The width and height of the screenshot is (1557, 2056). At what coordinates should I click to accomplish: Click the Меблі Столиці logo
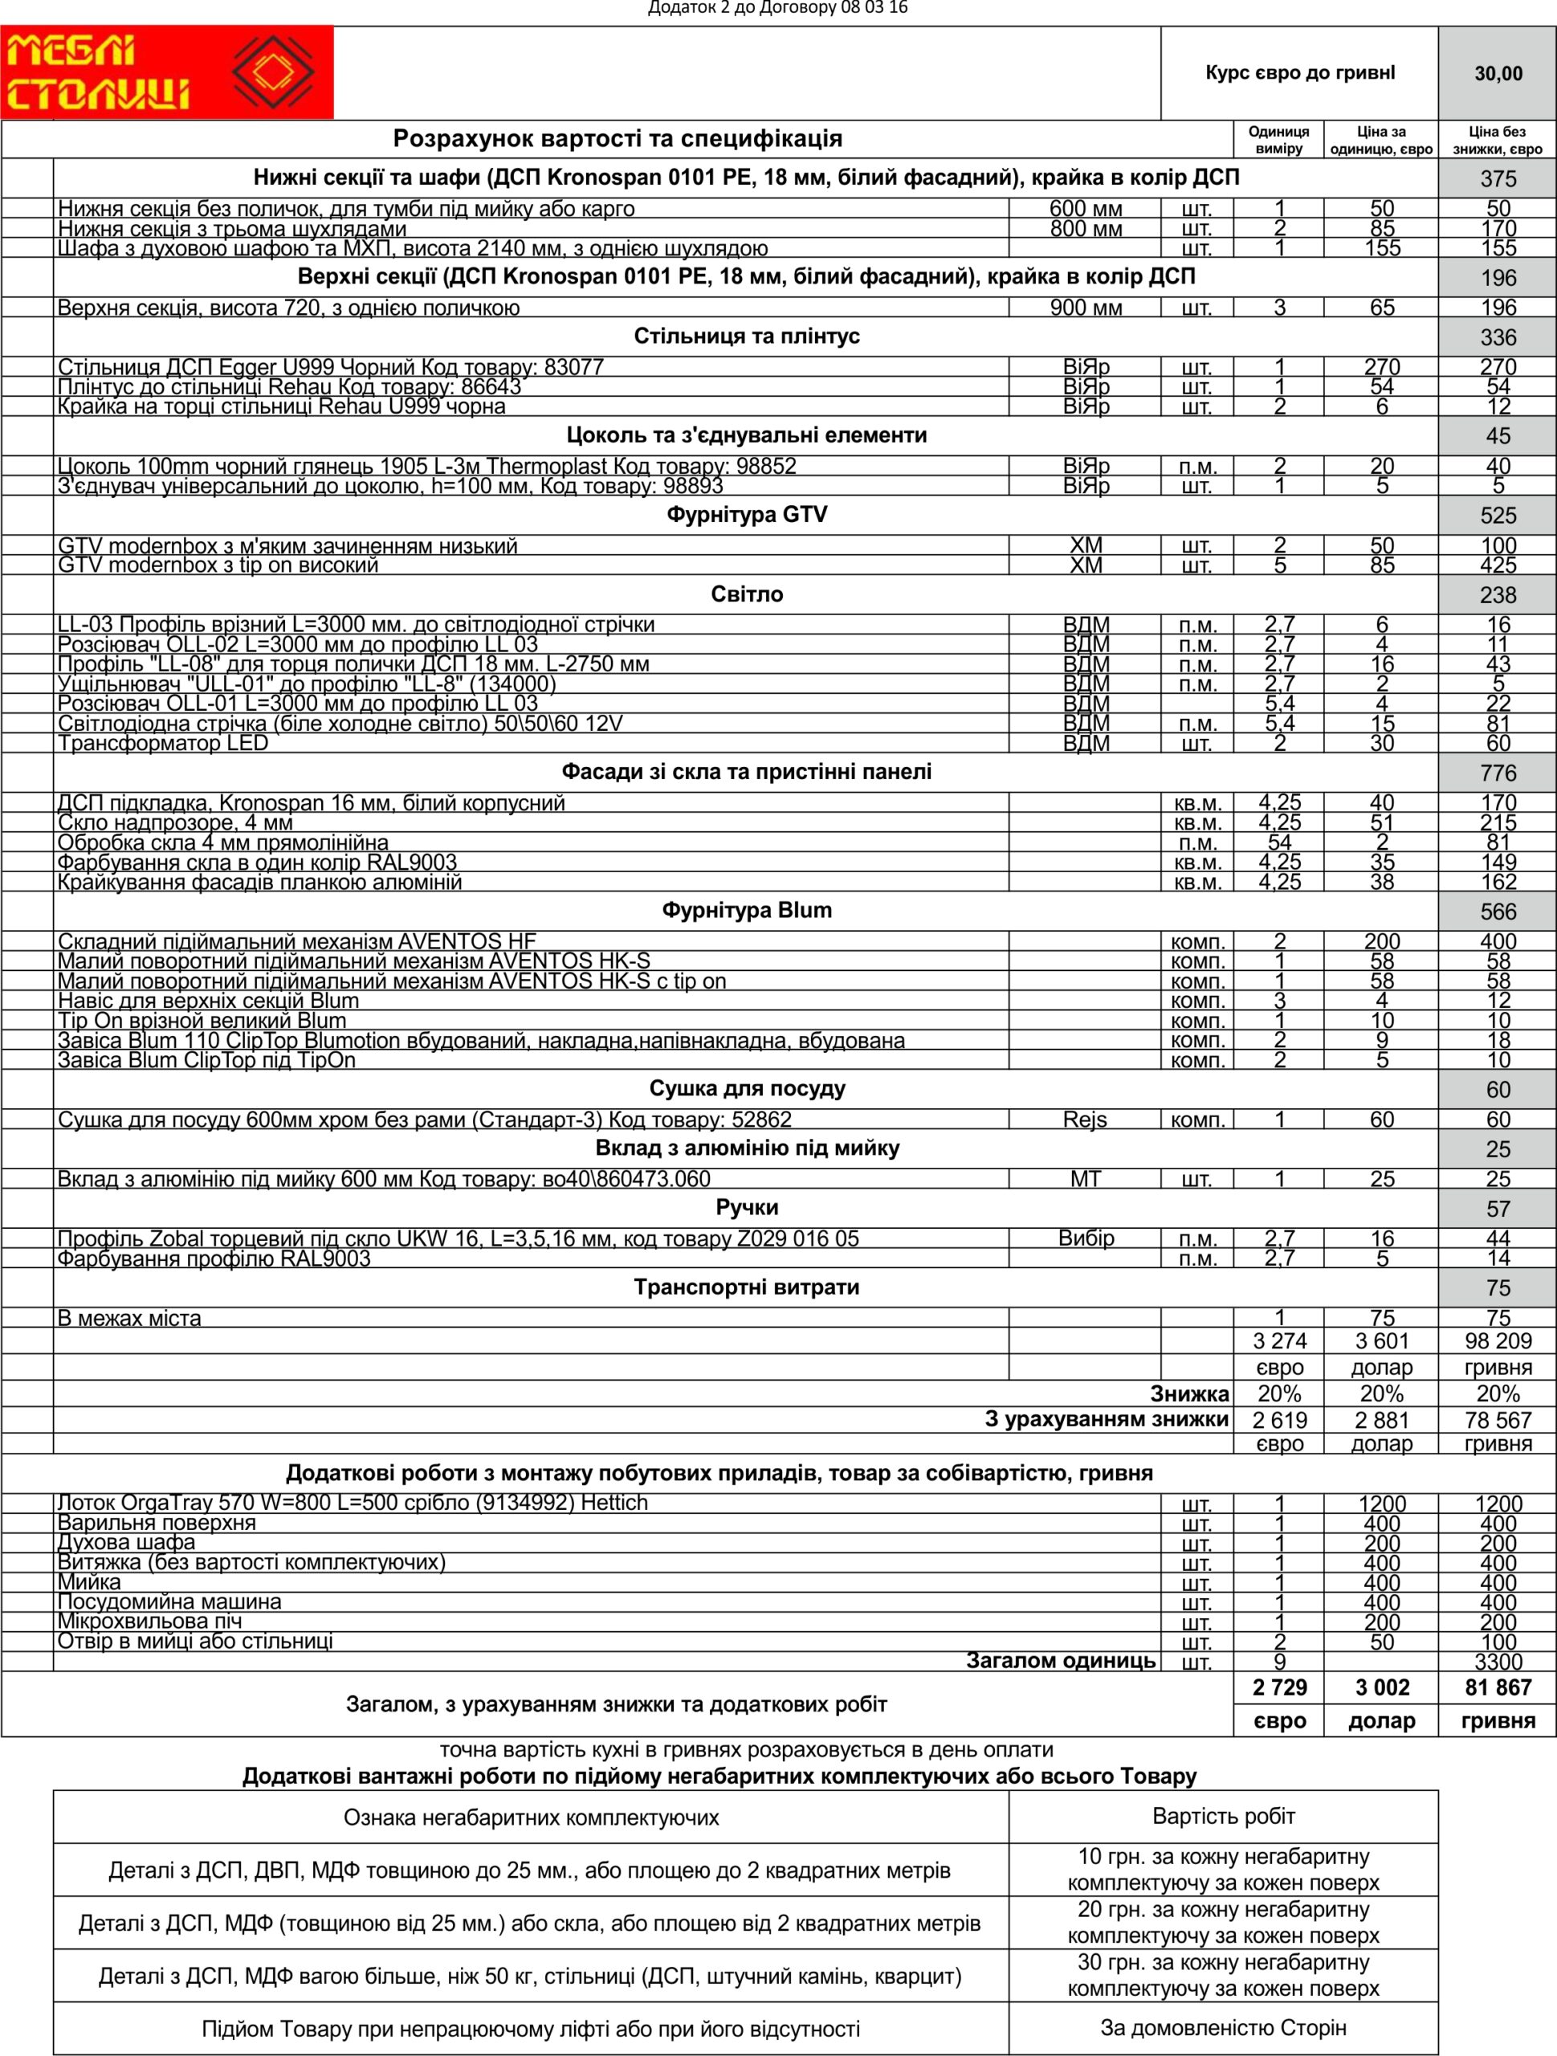click(x=167, y=72)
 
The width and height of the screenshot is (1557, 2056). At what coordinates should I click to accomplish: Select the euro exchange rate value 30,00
click(x=1498, y=73)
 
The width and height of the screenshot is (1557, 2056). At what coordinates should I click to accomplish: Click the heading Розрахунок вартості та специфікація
click(x=618, y=138)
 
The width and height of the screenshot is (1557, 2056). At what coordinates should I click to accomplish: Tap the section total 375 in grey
click(x=1498, y=178)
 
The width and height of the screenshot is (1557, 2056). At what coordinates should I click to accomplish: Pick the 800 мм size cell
click(x=1086, y=229)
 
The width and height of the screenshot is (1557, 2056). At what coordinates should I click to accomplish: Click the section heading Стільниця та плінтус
click(x=747, y=337)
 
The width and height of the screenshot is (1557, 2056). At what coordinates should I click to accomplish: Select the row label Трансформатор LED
click(x=163, y=743)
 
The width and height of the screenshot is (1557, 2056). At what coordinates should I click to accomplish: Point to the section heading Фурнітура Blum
click(x=747, y=911)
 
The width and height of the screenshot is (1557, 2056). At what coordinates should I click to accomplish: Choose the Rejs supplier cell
click(x=1085, y=1119)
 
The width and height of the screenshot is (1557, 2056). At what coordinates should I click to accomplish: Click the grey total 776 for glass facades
click(x=1498, y=773)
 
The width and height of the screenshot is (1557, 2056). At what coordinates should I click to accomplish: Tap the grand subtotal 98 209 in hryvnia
click(x=1498, y=1340)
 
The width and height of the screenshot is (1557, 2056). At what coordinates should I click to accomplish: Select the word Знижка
click(x=1189, y=1393)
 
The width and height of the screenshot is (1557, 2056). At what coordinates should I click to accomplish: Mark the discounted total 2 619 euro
click(x=1279, y=1420)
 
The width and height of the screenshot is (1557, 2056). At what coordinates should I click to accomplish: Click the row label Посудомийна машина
click(x=169, y=1601)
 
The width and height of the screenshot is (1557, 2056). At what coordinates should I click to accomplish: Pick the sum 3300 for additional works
click(x=1498, y=1662)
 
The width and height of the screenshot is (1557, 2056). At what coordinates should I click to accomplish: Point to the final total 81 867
click(x=1498, y=1688)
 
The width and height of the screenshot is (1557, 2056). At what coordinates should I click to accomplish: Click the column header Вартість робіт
click(x=1223, y=1816)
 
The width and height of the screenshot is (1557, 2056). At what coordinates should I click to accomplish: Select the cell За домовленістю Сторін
click(x=1223, y=2027)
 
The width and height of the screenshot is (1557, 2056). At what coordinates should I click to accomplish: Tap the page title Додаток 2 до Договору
click(x=777, y=8)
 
